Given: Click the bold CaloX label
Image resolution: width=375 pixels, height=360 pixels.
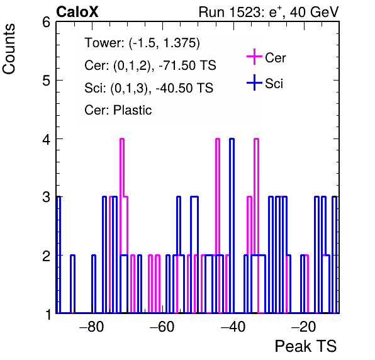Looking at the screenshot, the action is coord(77,12).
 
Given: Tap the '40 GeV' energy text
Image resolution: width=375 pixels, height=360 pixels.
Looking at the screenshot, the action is coord(314,12).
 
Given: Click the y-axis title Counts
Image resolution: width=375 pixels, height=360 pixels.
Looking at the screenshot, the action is coord(9,49).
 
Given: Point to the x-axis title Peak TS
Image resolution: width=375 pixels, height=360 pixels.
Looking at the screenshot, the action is coord(306,346).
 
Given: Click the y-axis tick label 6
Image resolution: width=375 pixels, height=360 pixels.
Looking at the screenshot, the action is coord(46,23).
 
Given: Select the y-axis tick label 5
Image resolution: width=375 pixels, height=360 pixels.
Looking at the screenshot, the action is coord(46,81).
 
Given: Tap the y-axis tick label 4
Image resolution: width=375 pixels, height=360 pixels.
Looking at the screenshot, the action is coord(46,139).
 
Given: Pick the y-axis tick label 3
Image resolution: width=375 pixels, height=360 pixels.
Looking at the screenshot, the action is coord(46,198).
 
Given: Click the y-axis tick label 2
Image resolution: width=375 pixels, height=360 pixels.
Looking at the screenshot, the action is coord(46,256).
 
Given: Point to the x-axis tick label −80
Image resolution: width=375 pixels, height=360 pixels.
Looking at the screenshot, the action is coord(92,327).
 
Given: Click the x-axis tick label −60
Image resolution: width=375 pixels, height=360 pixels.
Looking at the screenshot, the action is coord(162,327).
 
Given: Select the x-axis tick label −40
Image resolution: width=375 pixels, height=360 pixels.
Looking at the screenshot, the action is coord(233,327).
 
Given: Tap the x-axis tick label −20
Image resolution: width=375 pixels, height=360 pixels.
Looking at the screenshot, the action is coord(303,327).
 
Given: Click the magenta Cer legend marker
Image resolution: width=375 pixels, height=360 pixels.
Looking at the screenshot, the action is coord(254,57).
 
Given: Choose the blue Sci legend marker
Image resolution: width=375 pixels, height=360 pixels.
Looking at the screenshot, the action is coord(254,83).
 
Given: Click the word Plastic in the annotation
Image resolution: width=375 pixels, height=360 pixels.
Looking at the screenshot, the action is coord(133,110).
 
